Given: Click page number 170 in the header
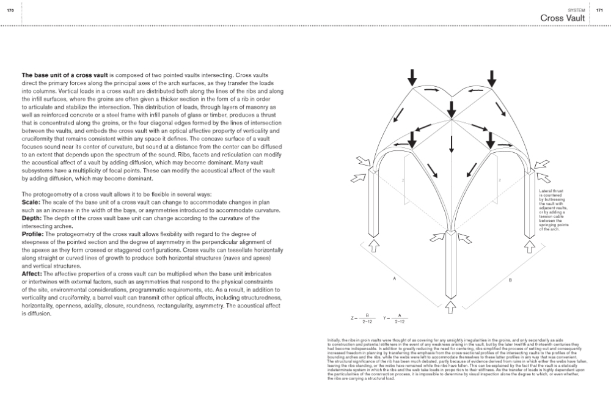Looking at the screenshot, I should (x=10, y=10).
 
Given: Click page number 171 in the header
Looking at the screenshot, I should (x=599, y=10).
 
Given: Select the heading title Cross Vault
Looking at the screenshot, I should (x=563, y=19).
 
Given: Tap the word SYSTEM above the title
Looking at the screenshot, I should (x=576, y=10).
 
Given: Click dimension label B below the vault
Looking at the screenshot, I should (x=510, y=281).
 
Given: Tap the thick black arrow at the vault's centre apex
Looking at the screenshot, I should (x=451, y=109).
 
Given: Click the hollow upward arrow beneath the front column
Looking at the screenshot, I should (x=451, y=305).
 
